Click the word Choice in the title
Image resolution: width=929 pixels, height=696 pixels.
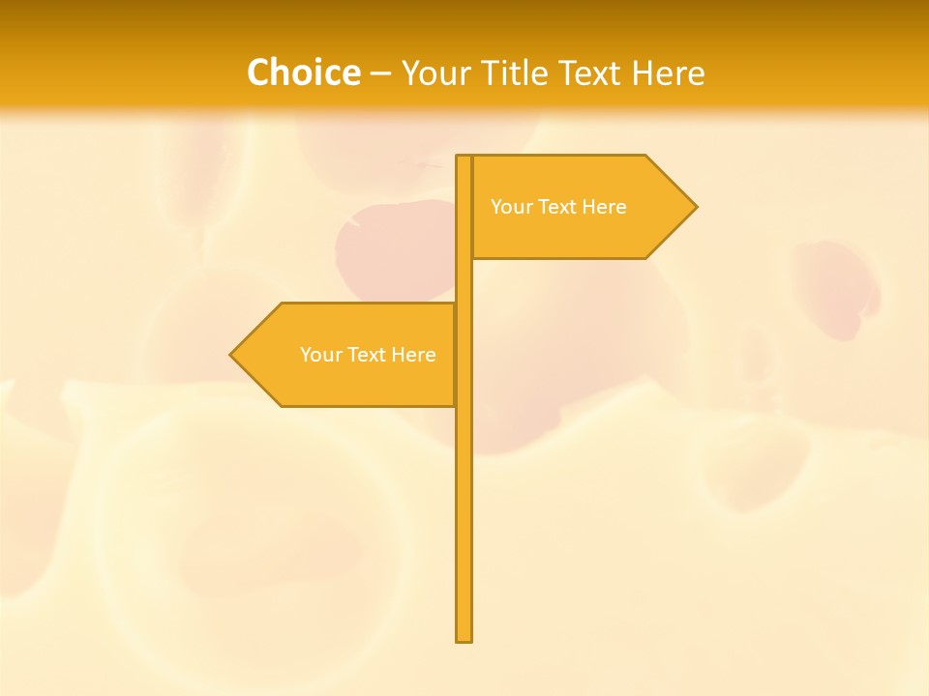click(303, 72)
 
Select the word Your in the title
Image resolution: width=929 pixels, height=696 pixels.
click(434, 72)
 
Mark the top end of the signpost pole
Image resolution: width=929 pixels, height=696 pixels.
click(464, 158)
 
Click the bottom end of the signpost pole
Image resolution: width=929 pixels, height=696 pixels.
click(464, 639)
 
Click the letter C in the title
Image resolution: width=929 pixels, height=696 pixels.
click(258, 72)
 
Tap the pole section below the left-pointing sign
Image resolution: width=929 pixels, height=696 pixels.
click(464, 522)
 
